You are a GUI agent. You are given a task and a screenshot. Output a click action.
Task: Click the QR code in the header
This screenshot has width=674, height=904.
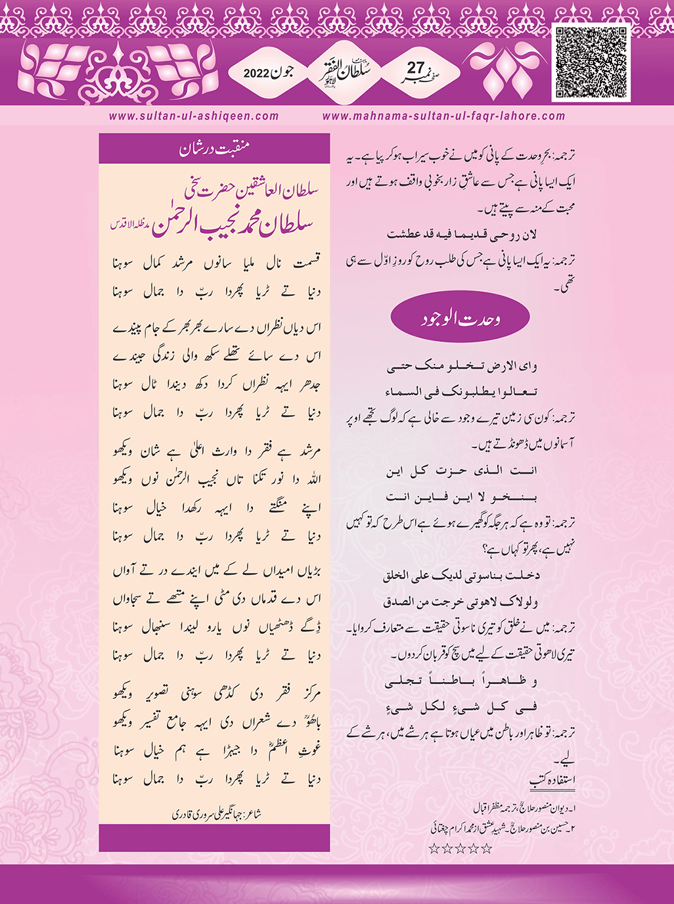click(x=591, y=63)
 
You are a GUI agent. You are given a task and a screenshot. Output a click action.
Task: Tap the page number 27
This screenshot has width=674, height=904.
click(x=416, y=68)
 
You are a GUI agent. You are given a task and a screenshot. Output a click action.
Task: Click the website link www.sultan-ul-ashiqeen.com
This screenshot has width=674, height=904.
click(x=194, y=116)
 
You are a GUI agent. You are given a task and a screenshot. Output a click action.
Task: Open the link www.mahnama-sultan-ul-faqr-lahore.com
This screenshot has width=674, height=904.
click(x=443, y=116)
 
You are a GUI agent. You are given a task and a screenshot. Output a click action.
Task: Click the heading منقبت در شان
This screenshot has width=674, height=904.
click(x=214, y=149)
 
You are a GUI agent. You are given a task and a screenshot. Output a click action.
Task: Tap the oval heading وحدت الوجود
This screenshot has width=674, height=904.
click(x=460, y=319)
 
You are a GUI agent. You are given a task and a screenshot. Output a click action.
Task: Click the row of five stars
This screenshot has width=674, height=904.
click(x=460, y=849)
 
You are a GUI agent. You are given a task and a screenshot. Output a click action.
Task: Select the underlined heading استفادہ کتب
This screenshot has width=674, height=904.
click(x=552, y=780)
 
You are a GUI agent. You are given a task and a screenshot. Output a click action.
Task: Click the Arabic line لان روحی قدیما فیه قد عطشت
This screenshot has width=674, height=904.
click(x=461, y=235)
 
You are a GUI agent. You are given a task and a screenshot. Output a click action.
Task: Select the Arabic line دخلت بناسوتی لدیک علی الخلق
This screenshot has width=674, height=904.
click(x=461, y=576)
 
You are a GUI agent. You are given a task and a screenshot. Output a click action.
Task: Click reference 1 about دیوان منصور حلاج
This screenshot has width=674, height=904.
click(x=522, y=806)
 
